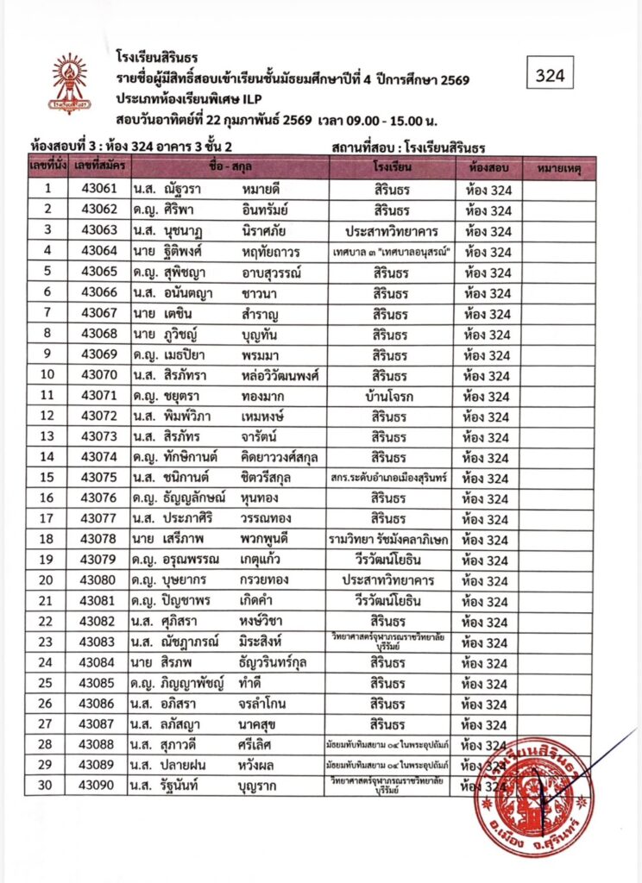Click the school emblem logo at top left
(x=70, y=83)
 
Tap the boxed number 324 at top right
(x=550, y=75)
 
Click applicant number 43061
(x=99, y=189)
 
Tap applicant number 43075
(x=99, y=478)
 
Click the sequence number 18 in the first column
(x=48, y=540)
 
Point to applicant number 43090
(x=99, y=787)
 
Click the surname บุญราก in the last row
(x=266, y=787)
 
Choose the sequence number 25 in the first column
(x=48, y=685)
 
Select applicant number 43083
(x=99, y=643)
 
